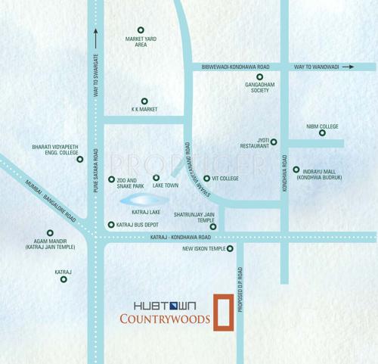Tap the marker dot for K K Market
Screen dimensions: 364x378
144,101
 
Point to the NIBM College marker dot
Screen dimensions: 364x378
322,133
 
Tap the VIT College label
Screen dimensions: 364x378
225,179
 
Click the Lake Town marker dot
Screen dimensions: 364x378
156,178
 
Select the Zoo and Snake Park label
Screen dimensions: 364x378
132,182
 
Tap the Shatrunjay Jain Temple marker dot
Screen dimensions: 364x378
213,226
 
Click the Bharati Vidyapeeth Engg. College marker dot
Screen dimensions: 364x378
80,159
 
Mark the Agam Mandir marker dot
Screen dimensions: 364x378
51,233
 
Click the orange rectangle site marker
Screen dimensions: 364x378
222,312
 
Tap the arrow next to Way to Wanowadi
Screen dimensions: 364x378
348,67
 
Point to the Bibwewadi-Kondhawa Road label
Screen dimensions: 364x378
235,67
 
